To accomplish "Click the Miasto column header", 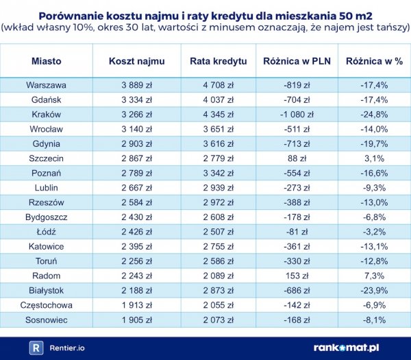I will pyautogui.click(x=46, y=61).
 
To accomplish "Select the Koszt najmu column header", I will pyautogui.click(x=137, y=61).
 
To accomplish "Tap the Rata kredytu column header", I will pyautogui.click(x=218, y=61).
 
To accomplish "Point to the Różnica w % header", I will pyautogui.click(x=373, y=61).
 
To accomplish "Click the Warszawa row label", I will pyautogui.click(x=46, y=85).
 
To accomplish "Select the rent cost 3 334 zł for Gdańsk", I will pyautogui.click(x=137, y=99).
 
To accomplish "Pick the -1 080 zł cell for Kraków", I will pyautogui.click(x=297, y=115).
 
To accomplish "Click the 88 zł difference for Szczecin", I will pyautogui.click(x=297, y=158).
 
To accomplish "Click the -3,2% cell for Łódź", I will pyautogui.click(x=373, y=231).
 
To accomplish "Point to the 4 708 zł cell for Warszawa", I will pyautogui.click(x=218, y=85).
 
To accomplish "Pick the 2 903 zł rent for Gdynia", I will pyautogui.click(x=137, y=144).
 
